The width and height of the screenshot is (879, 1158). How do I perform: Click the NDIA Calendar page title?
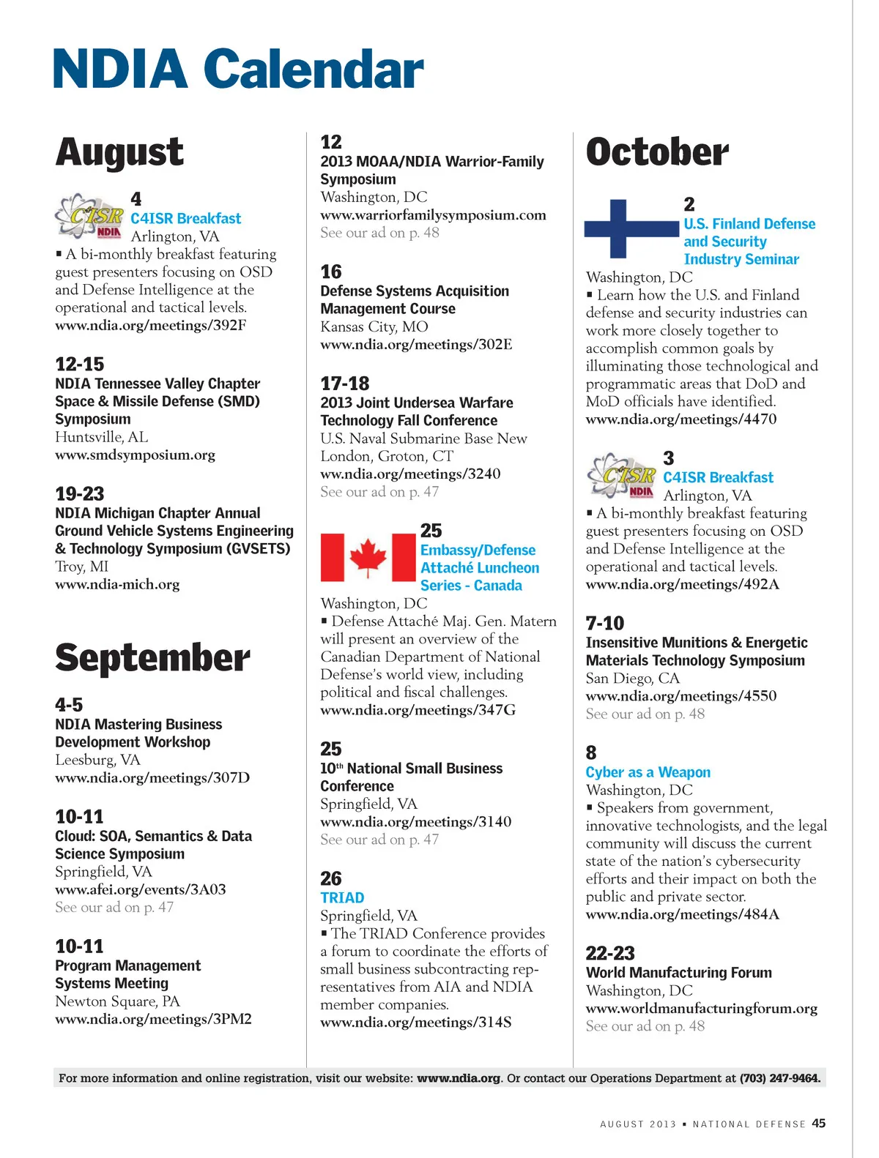(x=238, y=69)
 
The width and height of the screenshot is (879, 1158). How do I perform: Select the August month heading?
(x=119, y=152)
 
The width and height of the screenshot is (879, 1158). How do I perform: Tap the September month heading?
(x=152, y=657)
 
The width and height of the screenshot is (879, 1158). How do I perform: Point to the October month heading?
(x=657, y=152)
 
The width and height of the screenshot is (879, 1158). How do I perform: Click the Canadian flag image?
(x=368, y=558)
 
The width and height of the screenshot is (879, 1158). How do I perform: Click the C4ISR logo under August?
(x=89, y=216)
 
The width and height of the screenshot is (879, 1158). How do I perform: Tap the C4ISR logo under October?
(x=622, y=474)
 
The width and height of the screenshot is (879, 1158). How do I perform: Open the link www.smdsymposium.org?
(x=135, y=455)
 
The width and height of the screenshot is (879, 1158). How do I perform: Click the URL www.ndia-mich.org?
(x=117, y=584)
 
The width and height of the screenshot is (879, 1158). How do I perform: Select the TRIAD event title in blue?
(x=342, y=897)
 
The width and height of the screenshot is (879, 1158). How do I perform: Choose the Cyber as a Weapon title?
(x=648, y=772)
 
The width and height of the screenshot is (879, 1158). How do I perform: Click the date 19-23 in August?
(x=80, y=493)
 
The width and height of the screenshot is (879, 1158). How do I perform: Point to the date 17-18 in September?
(x=344, y=384)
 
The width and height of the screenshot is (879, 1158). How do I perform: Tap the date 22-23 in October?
(x=610, y=953)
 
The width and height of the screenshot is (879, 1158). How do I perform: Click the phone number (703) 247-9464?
(x=779, y=1077)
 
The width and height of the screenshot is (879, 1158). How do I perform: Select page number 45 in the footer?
(x=818, y=1123)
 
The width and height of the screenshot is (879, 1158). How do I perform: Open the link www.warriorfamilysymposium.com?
(x=433, y=215)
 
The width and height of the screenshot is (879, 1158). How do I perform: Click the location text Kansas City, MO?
(x=374, y=326)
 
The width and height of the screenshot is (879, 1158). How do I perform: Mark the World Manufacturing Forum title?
(x=678, y=973)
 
